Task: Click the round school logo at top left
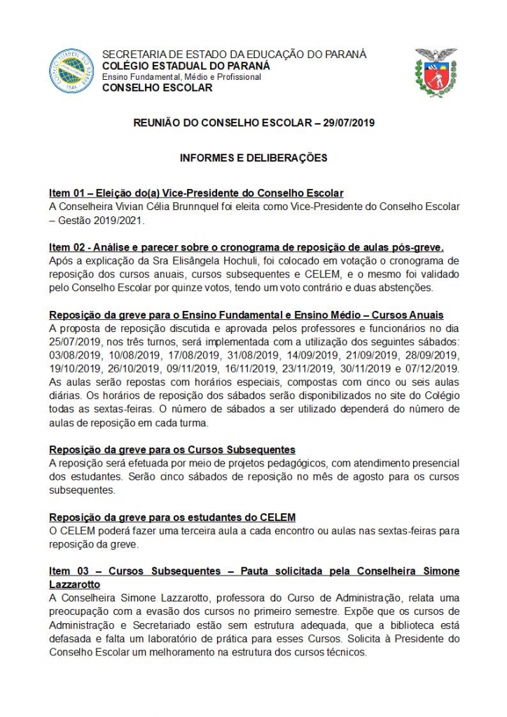71,71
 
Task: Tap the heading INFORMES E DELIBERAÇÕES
253,158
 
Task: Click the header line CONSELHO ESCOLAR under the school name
157,88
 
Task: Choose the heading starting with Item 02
246,247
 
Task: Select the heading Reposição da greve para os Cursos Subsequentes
172,449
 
